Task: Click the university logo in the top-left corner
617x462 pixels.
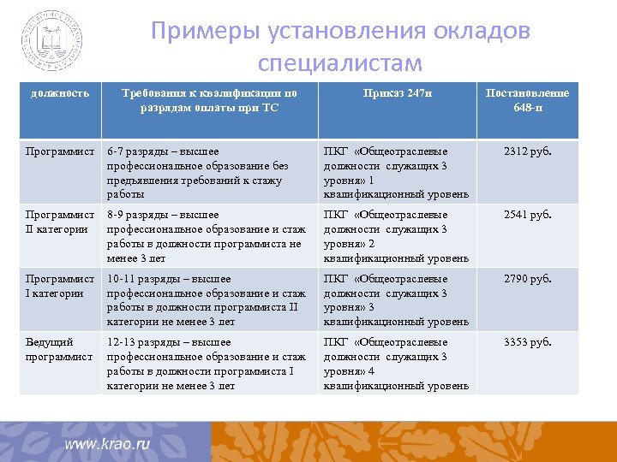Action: coord(53,40)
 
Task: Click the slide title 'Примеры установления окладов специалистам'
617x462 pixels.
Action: coord(340,47)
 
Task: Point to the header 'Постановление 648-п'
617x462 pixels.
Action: coord(527,100)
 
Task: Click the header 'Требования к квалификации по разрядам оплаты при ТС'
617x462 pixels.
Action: coord(209,100)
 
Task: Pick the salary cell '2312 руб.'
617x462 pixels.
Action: coord(528,152)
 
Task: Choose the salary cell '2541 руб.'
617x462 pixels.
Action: coord(528,215)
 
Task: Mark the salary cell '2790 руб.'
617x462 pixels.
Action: coord(528,279)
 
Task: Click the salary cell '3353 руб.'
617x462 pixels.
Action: coord(528,342)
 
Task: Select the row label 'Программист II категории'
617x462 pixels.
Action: coord(60,222)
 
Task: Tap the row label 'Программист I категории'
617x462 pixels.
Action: coord(60,286)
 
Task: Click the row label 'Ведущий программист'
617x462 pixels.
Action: coord(59,349)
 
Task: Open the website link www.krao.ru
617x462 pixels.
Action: coord(108,444)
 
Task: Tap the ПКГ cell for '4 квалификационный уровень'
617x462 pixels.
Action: coord(396,364)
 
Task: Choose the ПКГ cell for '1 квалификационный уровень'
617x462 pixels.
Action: coord(396,173)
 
